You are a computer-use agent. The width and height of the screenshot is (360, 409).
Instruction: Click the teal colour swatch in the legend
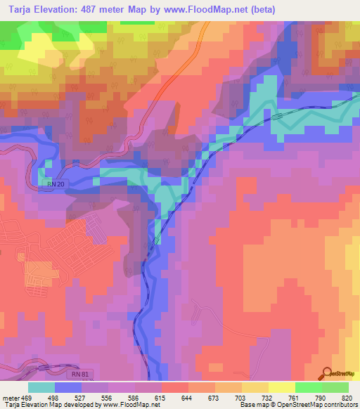(41, 387)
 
